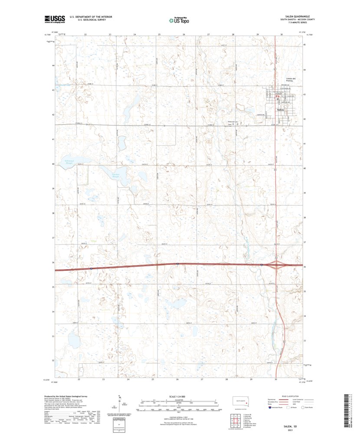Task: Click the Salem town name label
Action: [281, 111]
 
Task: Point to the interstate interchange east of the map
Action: [276, 264]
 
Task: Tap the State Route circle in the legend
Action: [304, 408]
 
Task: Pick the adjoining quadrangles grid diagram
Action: [236, 421]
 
